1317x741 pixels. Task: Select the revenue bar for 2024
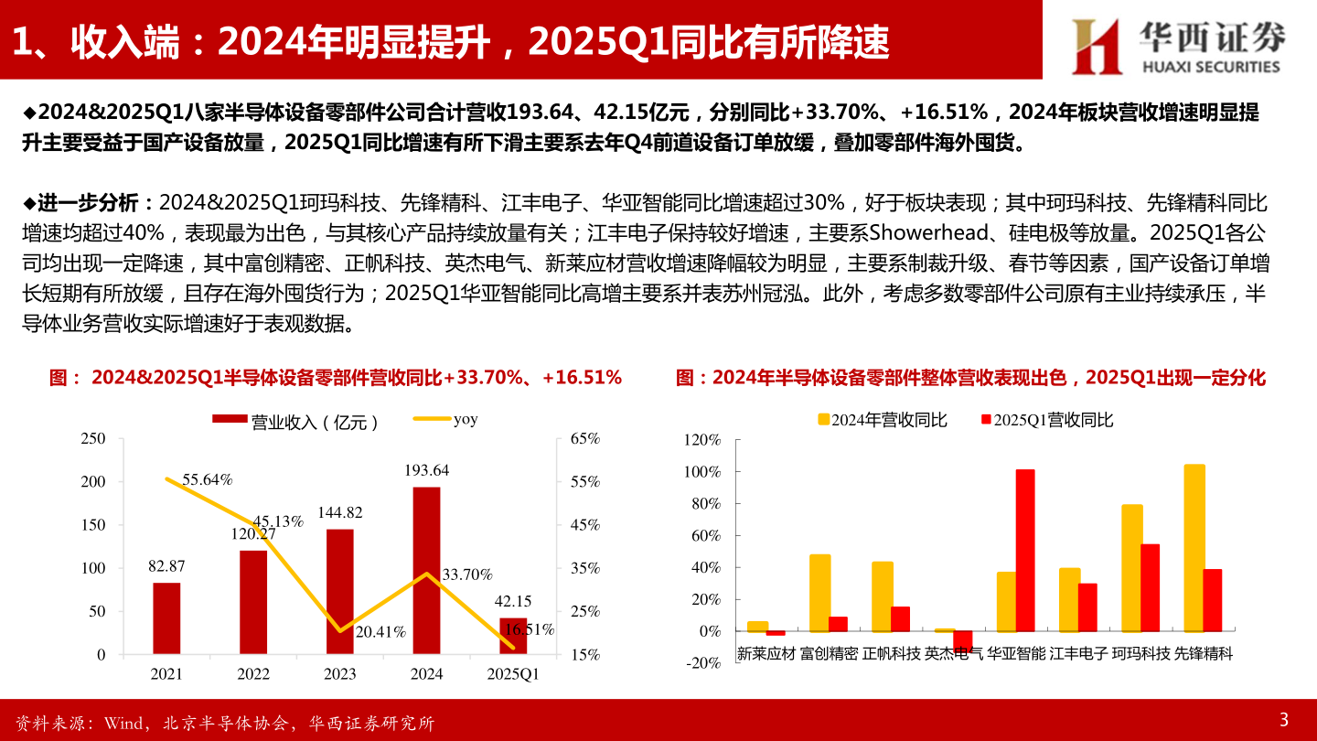(x=426, y=570)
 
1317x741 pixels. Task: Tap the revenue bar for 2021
(x=166, y=617)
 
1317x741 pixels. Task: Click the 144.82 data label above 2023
(x=340, y=512)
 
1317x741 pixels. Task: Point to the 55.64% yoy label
(x=207, y=478)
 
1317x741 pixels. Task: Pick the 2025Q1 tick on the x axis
(x=513, y=674)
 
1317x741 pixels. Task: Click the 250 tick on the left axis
(x=93, y=438)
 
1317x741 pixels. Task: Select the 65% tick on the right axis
(x=584, y=438)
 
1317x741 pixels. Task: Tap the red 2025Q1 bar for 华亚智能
(x=1025, y=550)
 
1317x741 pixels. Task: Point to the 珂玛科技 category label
(x=1140, y=654)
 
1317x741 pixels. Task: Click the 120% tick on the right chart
(x=701, y=440)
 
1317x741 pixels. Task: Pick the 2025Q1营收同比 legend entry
(x=1046, y=420)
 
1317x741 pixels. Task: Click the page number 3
(x=1283, y=717)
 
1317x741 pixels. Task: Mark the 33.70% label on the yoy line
(x=467, y=575)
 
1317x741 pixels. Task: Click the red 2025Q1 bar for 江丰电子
(x=1087, y=607)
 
